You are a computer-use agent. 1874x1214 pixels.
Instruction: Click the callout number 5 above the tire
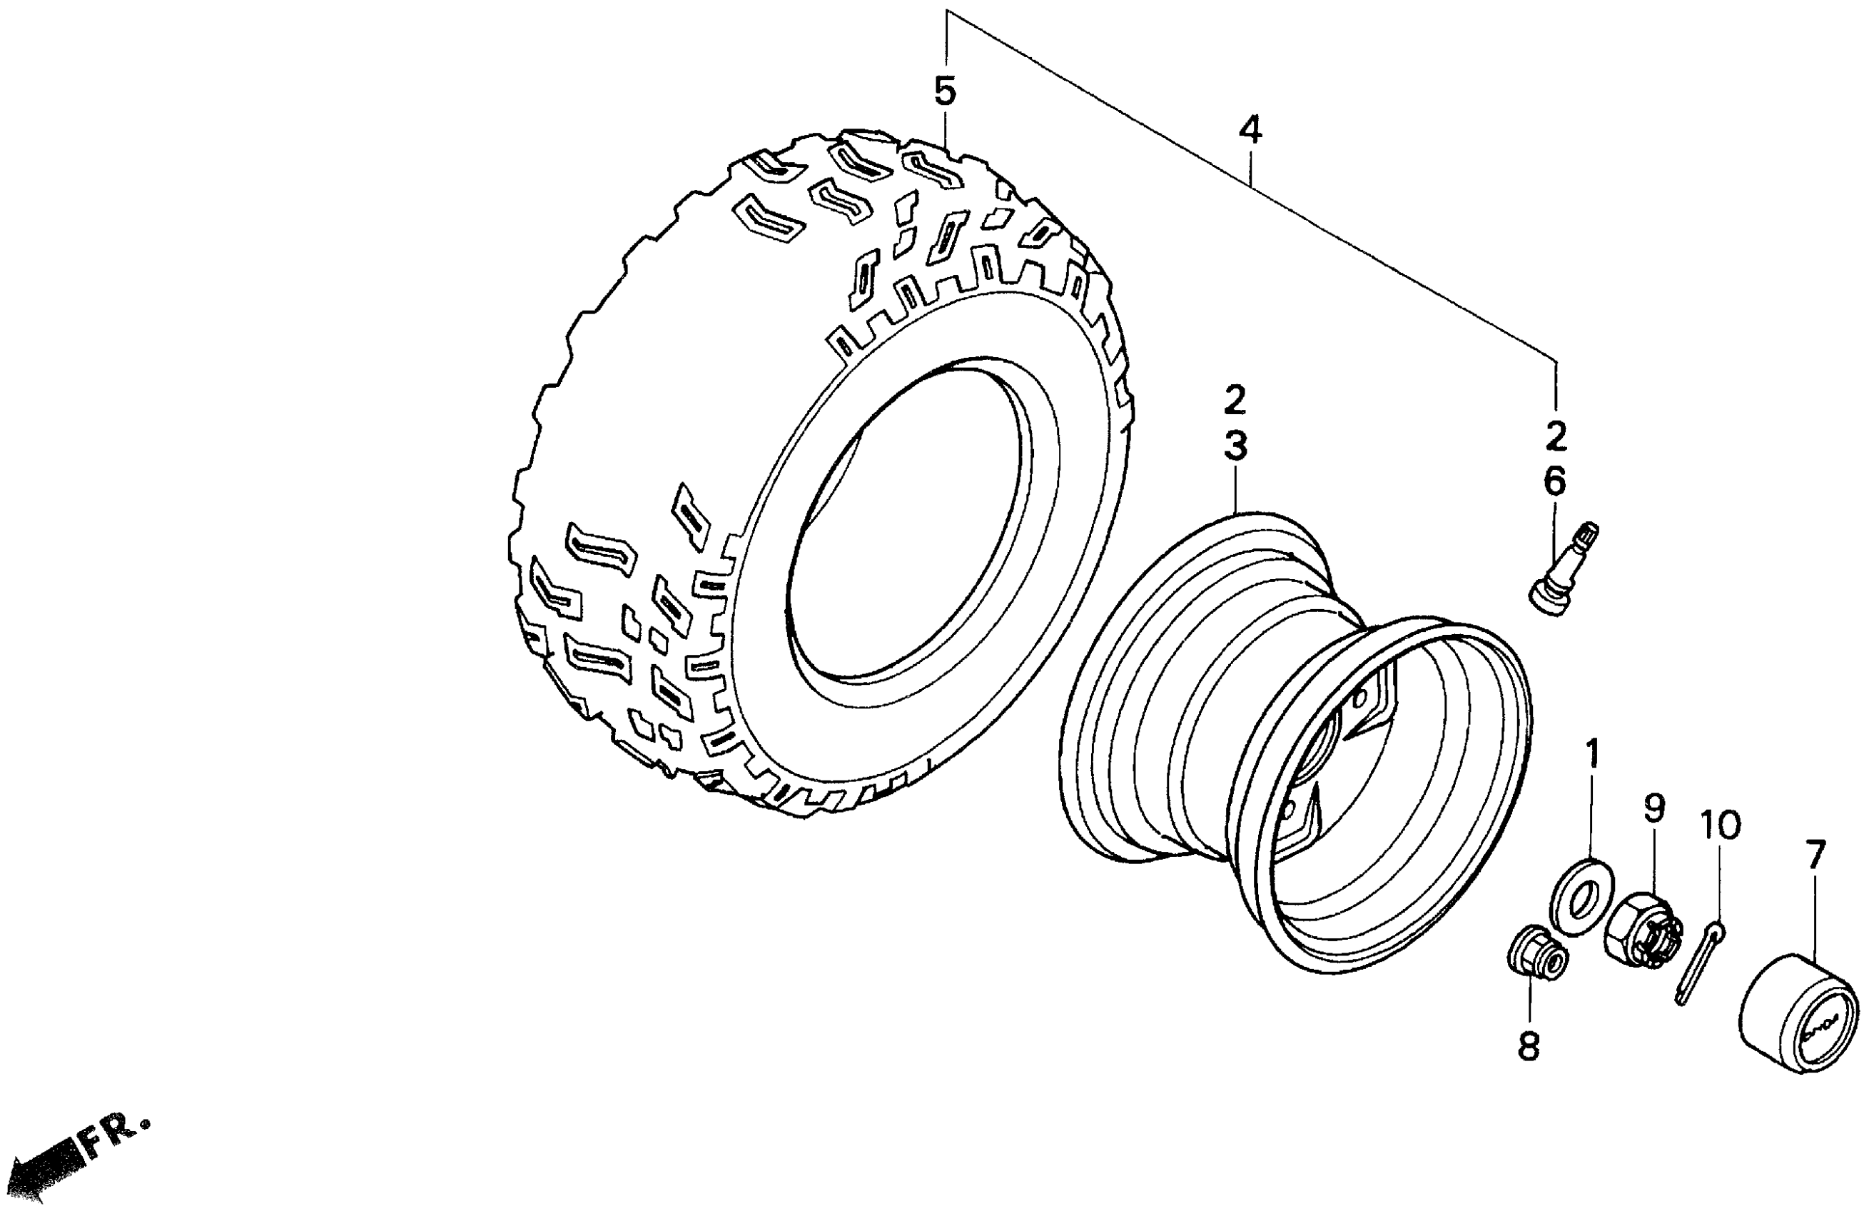pos(945,92)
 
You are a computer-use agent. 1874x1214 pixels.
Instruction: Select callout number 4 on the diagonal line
pos(1250,130)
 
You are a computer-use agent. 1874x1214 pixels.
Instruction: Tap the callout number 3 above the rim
pos(1235,447)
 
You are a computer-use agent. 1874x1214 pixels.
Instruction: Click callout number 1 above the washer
pos(1592,754)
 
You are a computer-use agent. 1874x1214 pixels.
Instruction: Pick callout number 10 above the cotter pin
pos(1720,826)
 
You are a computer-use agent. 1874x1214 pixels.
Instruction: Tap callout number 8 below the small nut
pos(1528,1047)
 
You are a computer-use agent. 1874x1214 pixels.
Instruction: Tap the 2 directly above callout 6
pos(1556,436)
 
